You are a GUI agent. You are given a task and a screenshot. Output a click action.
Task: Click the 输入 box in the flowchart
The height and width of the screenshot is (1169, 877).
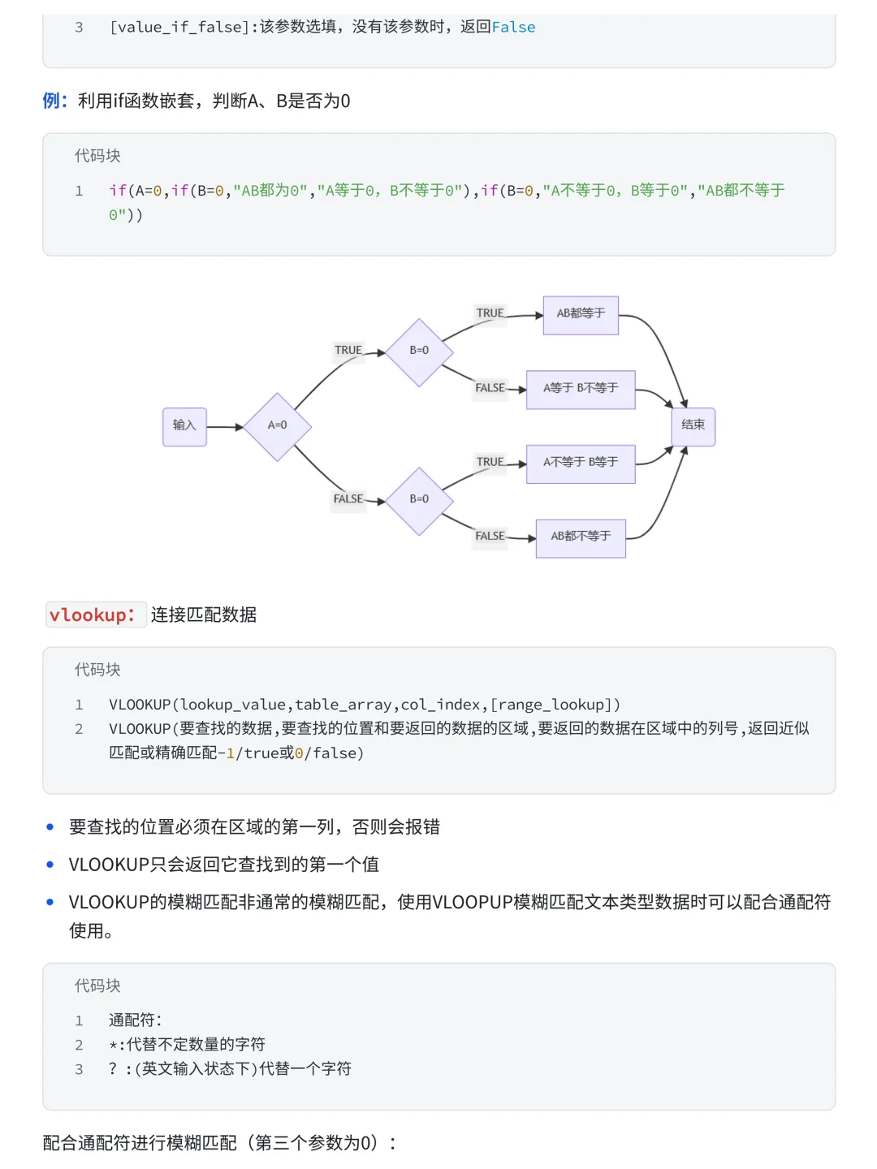click(184, 426)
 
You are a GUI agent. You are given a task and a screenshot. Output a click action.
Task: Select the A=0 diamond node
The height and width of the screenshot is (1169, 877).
click(278, 426)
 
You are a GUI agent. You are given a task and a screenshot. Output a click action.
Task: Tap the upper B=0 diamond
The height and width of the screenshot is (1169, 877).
click(419, 352)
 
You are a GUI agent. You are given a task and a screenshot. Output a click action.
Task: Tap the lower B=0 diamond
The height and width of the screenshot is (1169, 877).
click(419, 500)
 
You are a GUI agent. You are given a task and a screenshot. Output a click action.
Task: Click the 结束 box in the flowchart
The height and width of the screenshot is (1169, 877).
click(693, 426)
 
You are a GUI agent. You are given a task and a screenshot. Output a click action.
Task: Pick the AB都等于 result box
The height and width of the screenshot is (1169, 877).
click(581, 315)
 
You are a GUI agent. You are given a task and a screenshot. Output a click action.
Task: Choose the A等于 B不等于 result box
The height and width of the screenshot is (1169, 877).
click(581, 389)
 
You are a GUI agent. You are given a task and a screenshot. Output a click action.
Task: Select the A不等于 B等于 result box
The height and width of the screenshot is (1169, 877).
click(581, 464)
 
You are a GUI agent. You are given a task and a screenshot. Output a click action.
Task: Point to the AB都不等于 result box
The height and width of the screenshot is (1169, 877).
click(581, 537)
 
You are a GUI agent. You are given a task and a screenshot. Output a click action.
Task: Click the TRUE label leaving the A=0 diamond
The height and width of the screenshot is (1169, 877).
click(348, 351)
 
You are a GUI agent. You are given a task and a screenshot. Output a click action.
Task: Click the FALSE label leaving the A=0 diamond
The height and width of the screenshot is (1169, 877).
click(348, 499)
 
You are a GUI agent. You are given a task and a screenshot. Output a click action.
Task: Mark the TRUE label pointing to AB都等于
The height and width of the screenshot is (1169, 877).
click(490, 313)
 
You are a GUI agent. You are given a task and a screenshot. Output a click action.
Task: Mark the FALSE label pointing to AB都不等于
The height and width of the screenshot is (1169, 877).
click(490, 537)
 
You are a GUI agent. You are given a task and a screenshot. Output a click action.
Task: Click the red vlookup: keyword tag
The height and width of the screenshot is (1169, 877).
click(92, 615)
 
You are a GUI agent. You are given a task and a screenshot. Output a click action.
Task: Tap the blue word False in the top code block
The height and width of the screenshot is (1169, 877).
click(513, 28)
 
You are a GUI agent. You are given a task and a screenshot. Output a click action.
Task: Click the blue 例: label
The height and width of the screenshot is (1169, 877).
click(54, 101)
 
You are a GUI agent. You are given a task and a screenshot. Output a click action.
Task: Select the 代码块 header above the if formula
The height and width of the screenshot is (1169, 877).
click(97, 156)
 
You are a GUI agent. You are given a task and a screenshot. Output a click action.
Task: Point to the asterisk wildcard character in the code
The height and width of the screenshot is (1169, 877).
click(113, 1046)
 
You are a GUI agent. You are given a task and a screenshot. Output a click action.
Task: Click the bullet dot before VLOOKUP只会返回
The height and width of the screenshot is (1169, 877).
click(50, 865)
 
